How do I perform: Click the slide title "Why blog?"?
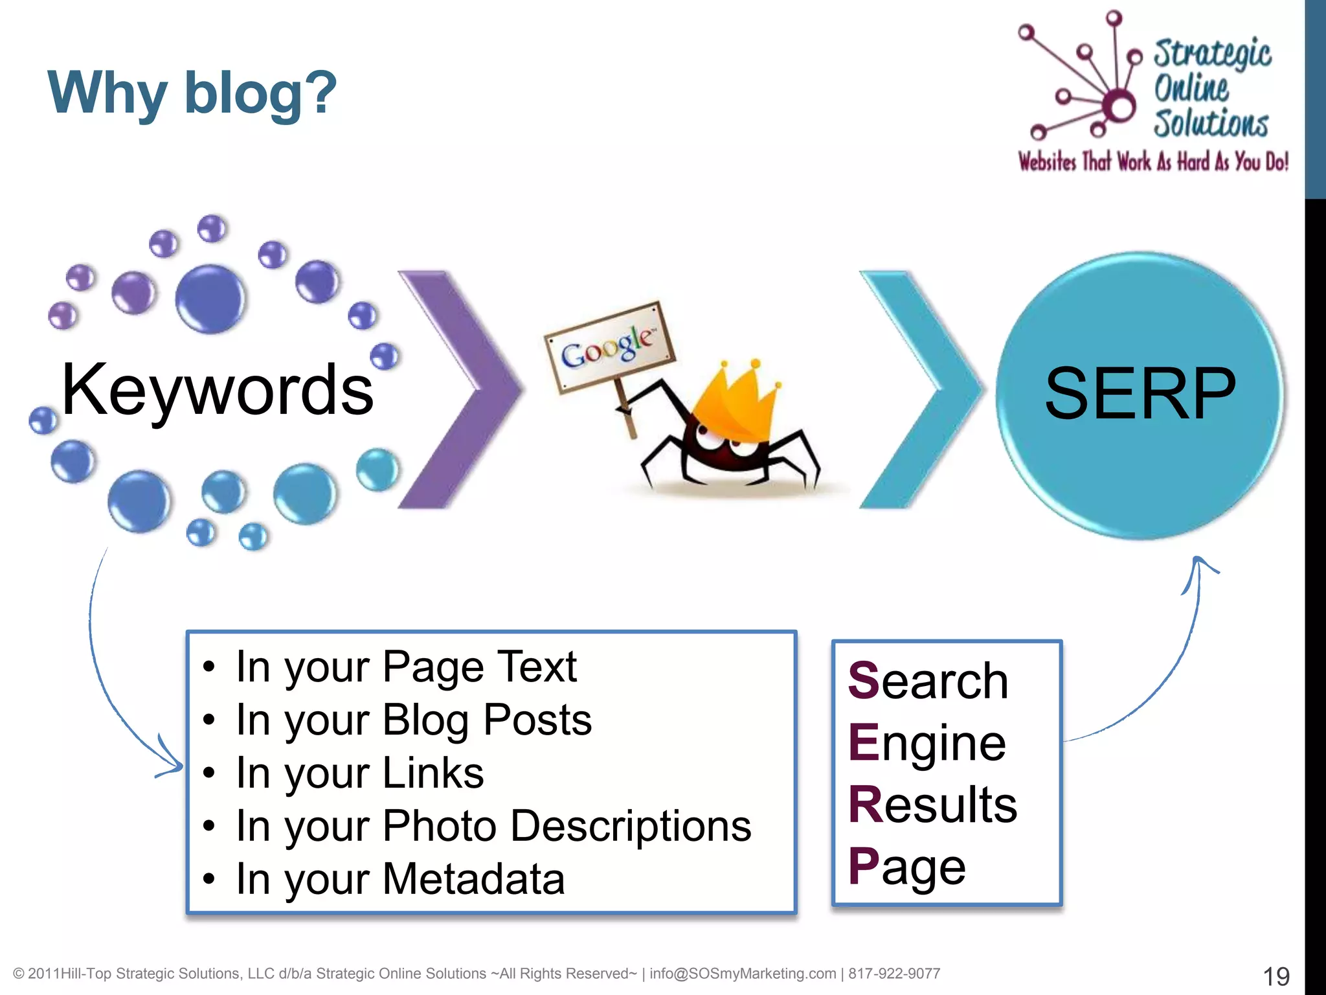(x=192, y=94)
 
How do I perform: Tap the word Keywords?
(x=218, y=390)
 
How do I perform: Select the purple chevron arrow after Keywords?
(x=461, y=389)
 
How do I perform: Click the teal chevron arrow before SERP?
(x=919, y=389)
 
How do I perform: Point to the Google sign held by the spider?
(x=609, y=347)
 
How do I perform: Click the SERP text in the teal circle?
(x=1140, y=393)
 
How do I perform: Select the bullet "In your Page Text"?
(x=406, y=667)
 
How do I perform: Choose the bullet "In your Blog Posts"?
(x=413, y=720)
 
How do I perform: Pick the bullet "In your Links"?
(x=359, y=773)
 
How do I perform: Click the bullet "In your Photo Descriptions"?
(x=493, y=826)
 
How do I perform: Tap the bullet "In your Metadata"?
(x=400, y=879)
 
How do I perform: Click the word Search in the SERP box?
(x=928, y=681)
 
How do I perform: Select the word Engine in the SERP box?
(x=927, y=743)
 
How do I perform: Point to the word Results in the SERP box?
(x=932, y=805)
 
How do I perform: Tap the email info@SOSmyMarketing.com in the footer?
(x=743, y=974)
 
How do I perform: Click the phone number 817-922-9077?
(x=894, y=974)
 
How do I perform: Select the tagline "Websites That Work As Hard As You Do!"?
(x=1153, y=162)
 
